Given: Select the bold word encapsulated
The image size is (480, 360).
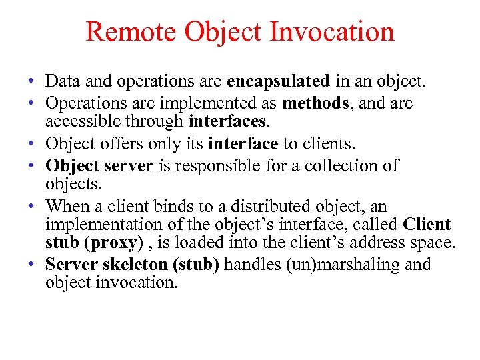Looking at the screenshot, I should point(278,82).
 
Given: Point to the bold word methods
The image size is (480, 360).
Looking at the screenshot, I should point(311,103).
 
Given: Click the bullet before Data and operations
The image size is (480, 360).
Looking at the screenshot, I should point(32,83).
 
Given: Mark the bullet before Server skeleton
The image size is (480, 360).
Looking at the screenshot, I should point(32,265).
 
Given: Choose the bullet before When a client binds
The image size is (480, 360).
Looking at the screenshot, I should point(32,207).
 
